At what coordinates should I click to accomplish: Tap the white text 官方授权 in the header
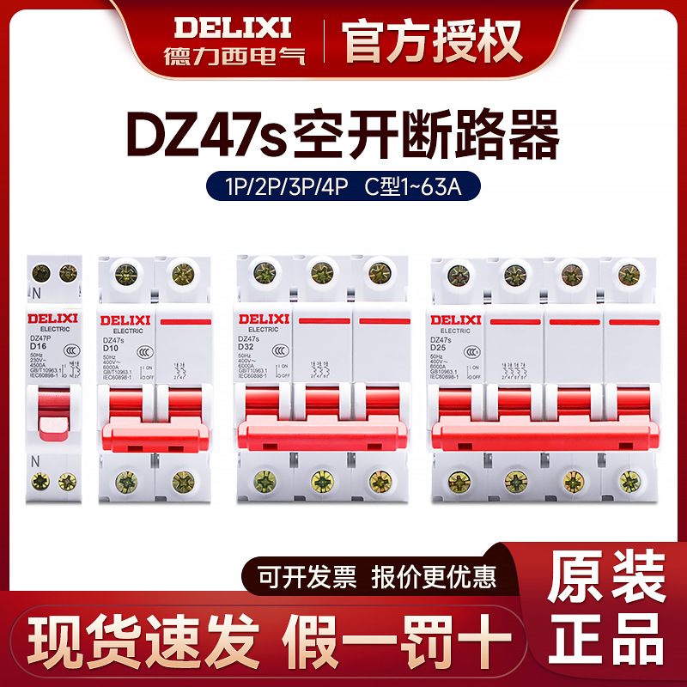point(433,39)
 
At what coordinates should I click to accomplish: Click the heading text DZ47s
point(210,133)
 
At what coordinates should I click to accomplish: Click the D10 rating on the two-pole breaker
point(110,349)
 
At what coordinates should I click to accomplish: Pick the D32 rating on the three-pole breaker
point(246,348)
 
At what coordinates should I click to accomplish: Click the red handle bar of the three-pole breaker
point(321,435)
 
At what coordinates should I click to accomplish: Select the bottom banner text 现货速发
point(145,641)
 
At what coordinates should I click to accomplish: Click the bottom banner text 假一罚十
point(397,641)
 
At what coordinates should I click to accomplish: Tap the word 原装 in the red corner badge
point(606,576)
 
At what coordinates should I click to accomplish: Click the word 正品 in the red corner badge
point(606,641)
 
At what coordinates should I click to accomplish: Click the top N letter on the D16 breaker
point(36,292)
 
